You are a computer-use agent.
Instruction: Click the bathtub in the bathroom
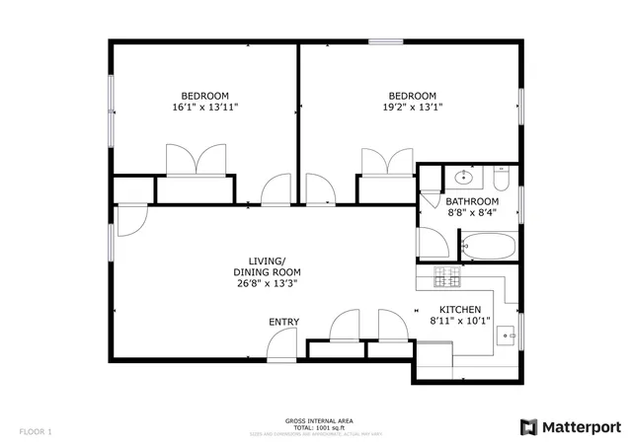point(488,247)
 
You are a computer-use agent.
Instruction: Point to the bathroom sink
point(464,179)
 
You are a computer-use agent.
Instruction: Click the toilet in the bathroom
point(501,181)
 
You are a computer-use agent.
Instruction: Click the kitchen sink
point(509,335)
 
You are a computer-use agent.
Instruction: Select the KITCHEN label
point(459,309)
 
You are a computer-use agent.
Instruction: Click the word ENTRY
point(283,322)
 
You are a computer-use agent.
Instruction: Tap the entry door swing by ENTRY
point(282,344)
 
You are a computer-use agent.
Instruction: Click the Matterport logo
point(570,426)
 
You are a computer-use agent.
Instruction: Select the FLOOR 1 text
point(35,431)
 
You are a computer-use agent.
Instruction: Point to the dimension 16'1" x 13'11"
point(204,109)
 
